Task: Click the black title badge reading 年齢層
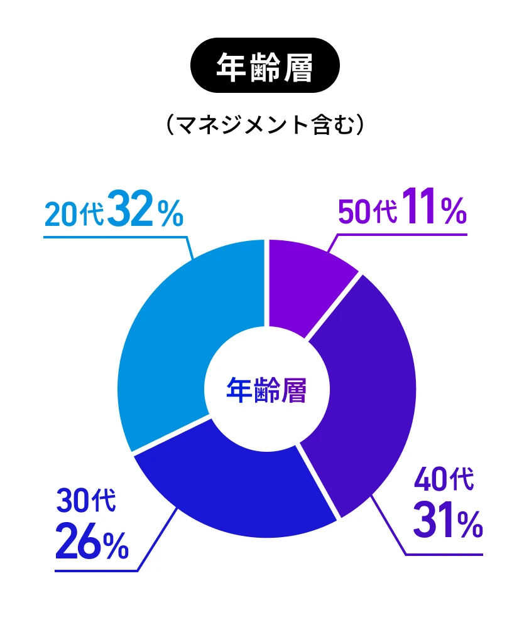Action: coord(264,67)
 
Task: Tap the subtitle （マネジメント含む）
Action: coord(264,124)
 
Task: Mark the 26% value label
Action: coord(92,543)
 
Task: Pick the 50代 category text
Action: coord(368,213)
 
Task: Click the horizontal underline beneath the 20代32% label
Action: coord(113,237)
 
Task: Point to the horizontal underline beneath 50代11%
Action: coord(402,235)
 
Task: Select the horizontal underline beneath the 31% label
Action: coord(443,554)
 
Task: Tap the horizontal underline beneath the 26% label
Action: coord(94,571)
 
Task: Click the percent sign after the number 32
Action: coord(170,215)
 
